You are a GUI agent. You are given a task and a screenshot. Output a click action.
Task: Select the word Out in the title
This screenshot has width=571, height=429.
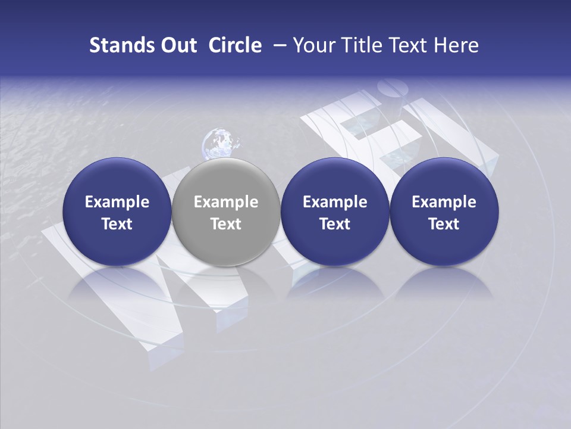click(x=177, y=45)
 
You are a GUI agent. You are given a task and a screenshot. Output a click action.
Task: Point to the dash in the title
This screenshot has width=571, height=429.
click(x=278, y=46)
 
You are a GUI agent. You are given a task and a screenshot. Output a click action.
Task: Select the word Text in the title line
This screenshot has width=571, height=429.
click(x=407, y=45)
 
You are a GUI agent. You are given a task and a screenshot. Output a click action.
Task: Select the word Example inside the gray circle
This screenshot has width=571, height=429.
click(x=226, y=202)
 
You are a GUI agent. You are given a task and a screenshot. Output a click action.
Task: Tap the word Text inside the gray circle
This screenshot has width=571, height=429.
click(x=226, y=224)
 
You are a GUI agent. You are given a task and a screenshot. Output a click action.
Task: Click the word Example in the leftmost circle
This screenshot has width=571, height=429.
click(x=117, y=202)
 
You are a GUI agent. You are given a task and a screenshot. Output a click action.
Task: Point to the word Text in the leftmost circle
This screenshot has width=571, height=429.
click(x=117, y=224)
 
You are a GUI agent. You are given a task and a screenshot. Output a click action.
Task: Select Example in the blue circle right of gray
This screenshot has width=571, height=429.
click(x=335, y=202)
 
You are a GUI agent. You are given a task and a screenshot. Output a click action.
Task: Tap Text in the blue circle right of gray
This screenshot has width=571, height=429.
click(x=335, y=224)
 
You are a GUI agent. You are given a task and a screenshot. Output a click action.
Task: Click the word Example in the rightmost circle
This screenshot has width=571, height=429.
click(x=444, y=202)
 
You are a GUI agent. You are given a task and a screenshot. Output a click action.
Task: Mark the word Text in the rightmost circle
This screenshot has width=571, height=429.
click(x=444, y=224)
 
